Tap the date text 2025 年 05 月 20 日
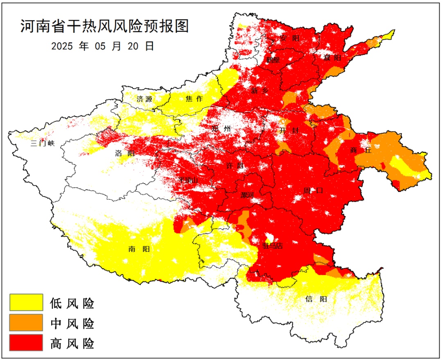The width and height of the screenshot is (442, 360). coord(103,46)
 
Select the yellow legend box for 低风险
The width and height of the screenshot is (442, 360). coord(26,302)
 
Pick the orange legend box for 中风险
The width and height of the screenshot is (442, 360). coord(26,322)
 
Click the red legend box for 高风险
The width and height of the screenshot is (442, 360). coord(26,342)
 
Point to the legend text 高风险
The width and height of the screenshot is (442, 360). coord(72,343)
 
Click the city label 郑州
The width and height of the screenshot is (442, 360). coord(221,128)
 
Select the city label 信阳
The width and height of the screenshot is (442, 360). coord(316,299)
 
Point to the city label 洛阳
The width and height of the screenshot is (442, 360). coord(124,154)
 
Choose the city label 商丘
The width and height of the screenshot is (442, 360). coord(361,150)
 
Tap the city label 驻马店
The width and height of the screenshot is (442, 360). coord(273,245)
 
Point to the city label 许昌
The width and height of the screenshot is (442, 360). coord(235,166)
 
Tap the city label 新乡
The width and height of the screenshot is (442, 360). coord(260,91)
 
